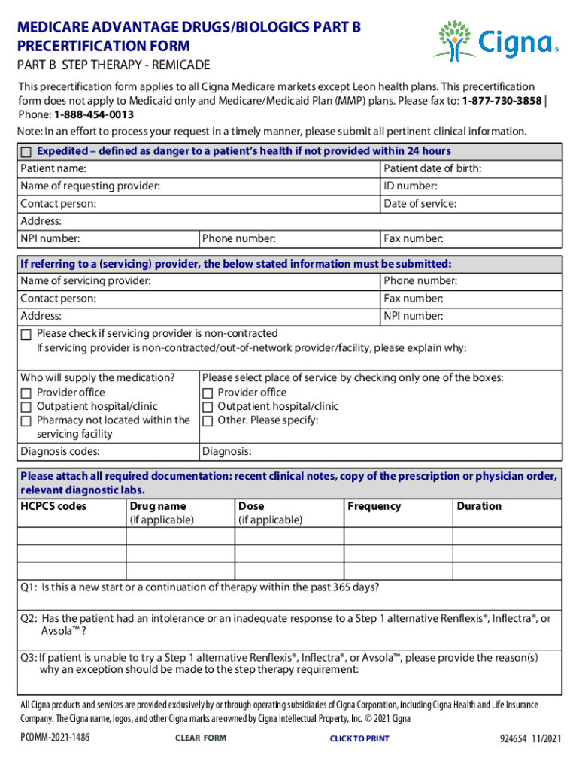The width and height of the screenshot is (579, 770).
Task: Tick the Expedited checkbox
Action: [26, 152]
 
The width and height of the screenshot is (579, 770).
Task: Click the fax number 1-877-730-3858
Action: [501, 101]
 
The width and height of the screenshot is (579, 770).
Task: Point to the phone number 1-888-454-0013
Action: [94, 114]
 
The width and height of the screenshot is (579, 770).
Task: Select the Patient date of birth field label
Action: [432, 168]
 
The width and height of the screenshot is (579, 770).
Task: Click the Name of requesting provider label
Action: [89, 186]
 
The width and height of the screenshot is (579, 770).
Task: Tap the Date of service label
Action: [420, 204]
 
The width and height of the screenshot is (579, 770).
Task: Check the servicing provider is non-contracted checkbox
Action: [26, 334]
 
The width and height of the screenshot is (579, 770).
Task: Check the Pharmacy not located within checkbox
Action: [26, 421]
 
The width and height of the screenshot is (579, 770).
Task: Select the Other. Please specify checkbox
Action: [208, 421]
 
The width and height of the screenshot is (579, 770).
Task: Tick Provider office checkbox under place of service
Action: [208, 393]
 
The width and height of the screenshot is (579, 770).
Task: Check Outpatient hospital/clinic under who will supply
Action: [26, 407]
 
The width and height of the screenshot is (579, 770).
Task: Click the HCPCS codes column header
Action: [53, 506]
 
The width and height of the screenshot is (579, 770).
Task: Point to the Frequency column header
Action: [374, 506]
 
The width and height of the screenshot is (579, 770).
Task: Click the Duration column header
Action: [479, 506]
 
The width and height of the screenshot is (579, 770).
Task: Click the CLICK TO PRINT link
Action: [359, 739]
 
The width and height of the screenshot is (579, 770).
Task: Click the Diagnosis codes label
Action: [60, 452]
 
